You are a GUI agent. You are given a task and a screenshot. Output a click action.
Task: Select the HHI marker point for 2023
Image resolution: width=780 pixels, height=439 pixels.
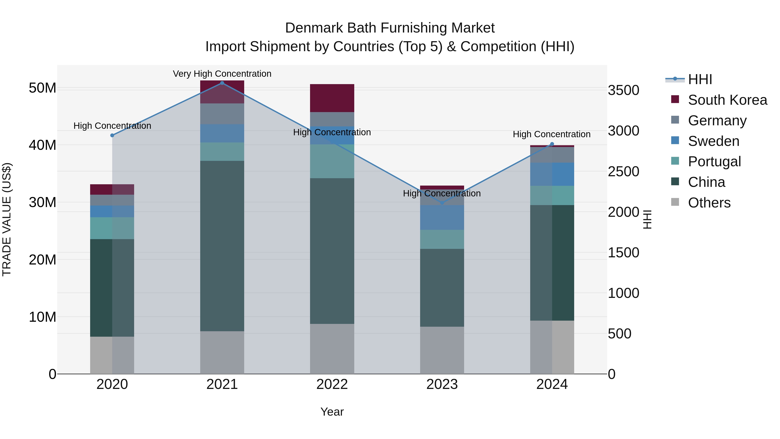click(x=442, y=203)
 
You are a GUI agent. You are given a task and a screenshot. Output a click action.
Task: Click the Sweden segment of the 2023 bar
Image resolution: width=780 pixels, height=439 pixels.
click(x=442, y=217)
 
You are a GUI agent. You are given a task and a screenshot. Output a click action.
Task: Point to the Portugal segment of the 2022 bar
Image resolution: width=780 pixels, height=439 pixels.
click(x=332, y=161)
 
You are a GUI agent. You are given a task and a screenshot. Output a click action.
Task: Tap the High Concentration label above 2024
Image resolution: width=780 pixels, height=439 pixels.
click(x=551, y=134)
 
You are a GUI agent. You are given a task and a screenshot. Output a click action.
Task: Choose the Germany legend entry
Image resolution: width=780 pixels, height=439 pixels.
click(x=717, y=121)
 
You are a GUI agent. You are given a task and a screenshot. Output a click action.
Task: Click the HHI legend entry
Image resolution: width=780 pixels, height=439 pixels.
click(x=699, y=79)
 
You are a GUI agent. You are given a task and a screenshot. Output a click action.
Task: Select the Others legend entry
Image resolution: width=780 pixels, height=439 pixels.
click(x=709, y=203)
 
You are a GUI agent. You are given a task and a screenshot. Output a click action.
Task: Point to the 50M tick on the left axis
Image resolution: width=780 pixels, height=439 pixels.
click(x=42, y=88)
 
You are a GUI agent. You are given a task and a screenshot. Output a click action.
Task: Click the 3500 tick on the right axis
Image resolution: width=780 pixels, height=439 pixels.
click(x=623, y=90)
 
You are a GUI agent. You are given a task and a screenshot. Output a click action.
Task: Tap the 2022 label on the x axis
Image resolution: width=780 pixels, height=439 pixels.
click(x=332, y=384)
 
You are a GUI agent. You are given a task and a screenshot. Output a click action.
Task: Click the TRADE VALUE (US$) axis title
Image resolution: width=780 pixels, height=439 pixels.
click(x=7, y=219)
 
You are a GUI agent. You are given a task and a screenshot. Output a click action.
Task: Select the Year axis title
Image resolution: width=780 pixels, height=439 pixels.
click(x=332, y=412)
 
